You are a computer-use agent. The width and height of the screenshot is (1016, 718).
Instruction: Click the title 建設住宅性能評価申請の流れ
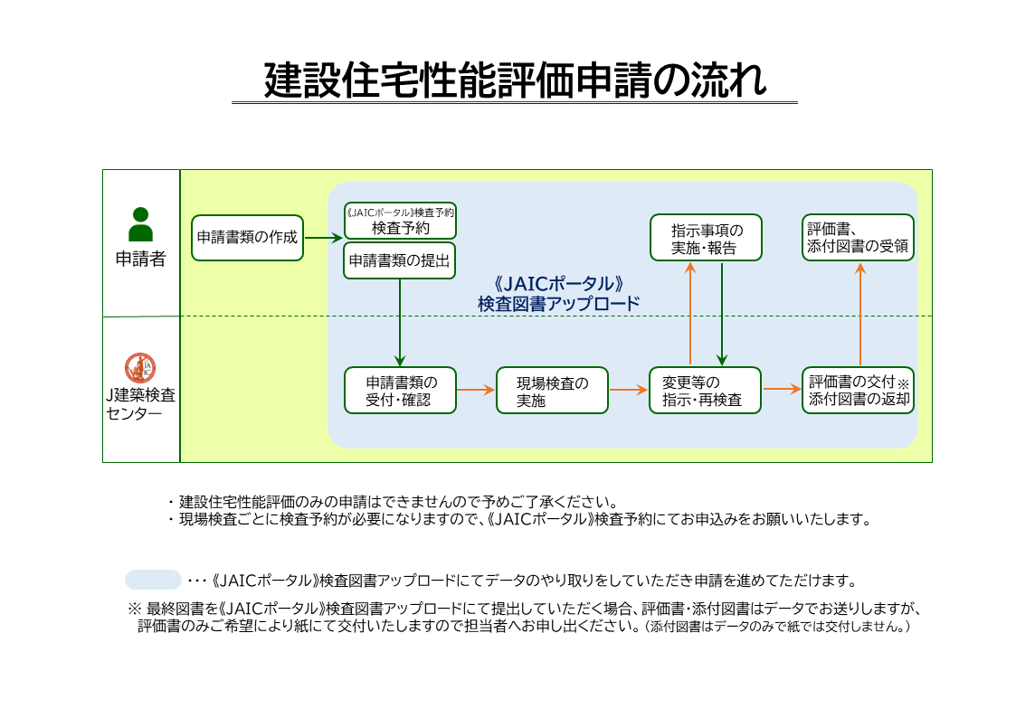[515, 80]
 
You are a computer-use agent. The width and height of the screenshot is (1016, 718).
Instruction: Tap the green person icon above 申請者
[140, 224]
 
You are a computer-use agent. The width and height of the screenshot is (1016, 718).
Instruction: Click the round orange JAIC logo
[140, 367]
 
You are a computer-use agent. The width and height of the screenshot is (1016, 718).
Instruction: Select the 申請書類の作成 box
[247, 238]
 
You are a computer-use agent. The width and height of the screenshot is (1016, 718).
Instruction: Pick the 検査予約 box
[400, 222]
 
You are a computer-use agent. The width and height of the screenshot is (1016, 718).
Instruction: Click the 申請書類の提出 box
[400, 260]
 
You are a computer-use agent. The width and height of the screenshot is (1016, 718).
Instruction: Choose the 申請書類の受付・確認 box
[400, 390]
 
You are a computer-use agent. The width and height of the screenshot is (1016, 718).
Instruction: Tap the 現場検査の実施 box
[552, 390]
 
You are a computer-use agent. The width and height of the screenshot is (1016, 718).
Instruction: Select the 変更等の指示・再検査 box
[705, 390]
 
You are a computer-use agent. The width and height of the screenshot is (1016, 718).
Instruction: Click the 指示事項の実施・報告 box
[705, 238]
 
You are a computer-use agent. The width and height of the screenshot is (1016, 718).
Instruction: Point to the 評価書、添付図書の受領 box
[858, 238]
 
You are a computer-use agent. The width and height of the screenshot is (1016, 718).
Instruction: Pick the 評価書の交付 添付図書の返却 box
[858, 390]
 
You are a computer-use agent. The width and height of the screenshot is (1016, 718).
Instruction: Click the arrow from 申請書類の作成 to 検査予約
[323, 238]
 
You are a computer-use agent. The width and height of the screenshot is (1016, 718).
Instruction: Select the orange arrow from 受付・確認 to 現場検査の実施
[476, 390]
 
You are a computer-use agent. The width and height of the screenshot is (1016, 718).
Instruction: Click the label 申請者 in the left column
[140, 259]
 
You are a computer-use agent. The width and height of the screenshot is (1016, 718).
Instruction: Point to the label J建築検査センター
[140, 404]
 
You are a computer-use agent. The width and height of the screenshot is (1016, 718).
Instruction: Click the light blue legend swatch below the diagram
[154, 580]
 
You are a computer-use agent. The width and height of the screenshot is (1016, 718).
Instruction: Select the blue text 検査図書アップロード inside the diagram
[558, 304]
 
